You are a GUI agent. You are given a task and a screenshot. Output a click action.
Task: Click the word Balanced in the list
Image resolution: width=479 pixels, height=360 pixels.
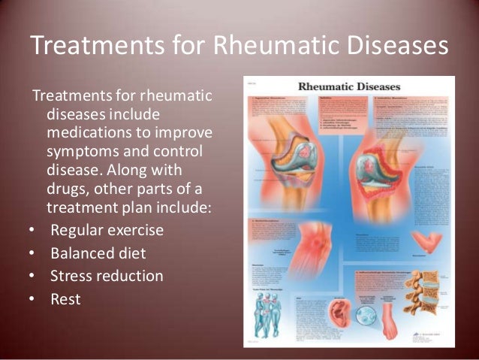(79, 253)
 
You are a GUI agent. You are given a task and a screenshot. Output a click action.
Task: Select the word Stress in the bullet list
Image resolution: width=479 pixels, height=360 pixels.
(70, 276)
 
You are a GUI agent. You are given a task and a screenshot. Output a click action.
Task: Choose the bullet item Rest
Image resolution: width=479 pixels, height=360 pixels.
(65, 299)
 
